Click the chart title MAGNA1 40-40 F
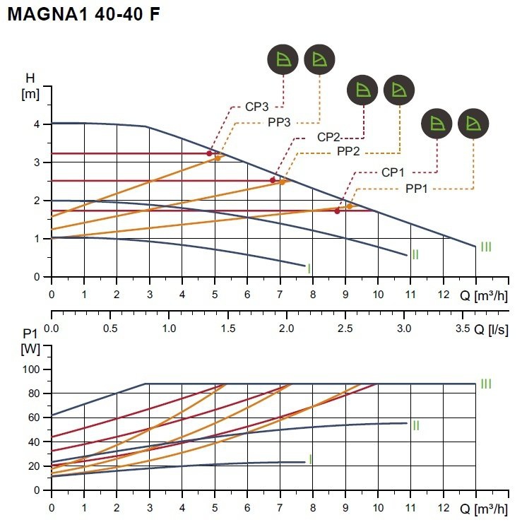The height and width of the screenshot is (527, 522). click(x=83, y=14)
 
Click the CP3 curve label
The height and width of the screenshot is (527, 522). click(x=257, y=107)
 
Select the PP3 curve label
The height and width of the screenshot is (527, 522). click(x=279, y=122)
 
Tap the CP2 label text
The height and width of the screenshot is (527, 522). click(x=328, y=137)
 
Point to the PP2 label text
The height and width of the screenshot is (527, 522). click(x=348, y=151)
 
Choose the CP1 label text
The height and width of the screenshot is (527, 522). click(x=393, y=172)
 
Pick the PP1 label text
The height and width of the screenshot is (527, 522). click(x=417, y=189)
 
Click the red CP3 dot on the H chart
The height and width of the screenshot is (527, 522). click(x=209, y=153)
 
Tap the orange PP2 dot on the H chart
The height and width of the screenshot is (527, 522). click(x=282, y=182)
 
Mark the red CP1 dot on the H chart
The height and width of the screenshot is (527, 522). click(x=337, y=211)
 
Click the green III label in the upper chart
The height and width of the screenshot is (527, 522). click(x=486, y=247)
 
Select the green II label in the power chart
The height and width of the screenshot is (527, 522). click(x=416, y=426)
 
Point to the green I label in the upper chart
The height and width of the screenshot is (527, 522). click(x=309, y=268)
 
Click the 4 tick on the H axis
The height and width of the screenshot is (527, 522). click(x=37, y=124)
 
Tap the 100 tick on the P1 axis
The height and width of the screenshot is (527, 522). click(x=31, y=369)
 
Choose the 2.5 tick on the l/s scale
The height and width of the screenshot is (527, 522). click(x=345, y=328)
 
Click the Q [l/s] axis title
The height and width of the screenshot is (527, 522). click(x=491, y=330)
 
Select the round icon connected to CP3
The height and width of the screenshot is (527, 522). click(x=283, y=59)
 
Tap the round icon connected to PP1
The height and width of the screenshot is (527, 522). click(x=473, y=124)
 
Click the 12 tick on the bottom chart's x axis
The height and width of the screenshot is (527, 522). click(x=444, y=508)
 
